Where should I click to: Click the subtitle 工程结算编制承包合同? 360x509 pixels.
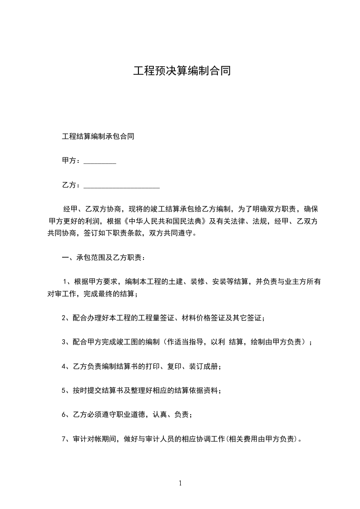98,136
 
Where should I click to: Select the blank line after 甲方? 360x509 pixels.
100,161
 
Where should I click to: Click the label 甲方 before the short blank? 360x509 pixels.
69,161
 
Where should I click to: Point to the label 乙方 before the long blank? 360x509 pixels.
69,185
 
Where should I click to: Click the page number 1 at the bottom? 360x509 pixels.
180,484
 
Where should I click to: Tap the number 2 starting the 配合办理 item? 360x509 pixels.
64,318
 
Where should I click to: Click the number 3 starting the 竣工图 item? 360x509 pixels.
64,343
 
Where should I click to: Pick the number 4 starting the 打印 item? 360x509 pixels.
64,367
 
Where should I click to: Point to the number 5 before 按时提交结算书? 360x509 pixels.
64,391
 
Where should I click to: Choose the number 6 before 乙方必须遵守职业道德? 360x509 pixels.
64,415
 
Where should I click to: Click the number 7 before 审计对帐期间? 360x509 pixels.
64,439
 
